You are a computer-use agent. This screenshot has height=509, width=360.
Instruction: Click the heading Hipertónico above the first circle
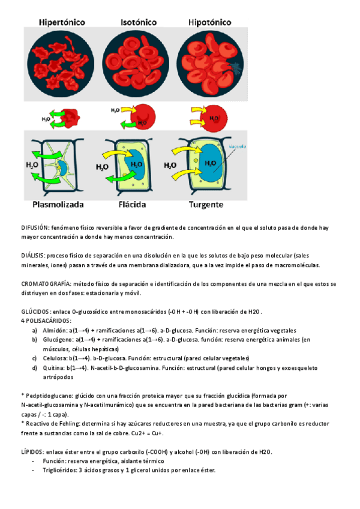(62, 22)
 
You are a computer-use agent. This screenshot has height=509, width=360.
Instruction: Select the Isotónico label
(139, 22)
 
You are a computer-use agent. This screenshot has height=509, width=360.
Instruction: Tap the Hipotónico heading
(210, 22)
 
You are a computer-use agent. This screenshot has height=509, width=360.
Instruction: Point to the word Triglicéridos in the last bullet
(62, 470)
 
